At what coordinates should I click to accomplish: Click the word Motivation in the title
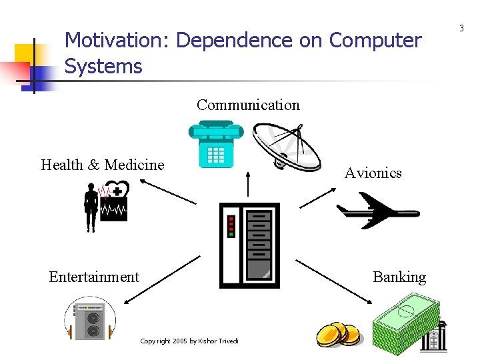(x=116, y=41)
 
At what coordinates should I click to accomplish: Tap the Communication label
(x=248, y=105)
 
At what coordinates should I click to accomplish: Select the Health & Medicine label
(x=102, y=165)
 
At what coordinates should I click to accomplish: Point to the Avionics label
(x=373, y=173)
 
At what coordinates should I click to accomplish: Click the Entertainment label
(x=94, y=277)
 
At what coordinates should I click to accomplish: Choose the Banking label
(x=399, y=277)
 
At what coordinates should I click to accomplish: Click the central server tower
(x=249, y=245)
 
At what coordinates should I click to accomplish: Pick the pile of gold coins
(x=337, y=334)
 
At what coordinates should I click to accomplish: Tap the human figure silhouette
(x=89, y=207)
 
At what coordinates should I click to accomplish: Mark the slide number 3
(x=461, y=28)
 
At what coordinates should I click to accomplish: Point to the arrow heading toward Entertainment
(x=162, y=280)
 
